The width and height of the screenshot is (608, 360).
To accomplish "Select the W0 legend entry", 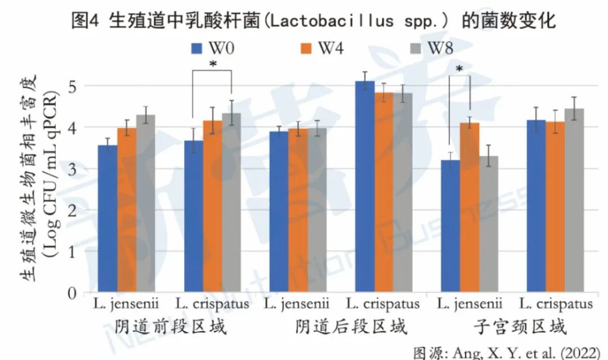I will [x=213, y=48].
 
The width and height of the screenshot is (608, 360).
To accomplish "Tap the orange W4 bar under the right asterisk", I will [x=470, y=208].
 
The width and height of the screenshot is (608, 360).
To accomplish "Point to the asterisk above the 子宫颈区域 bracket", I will [x=459, y=70].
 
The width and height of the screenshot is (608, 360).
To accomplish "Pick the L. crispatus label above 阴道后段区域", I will [x=383, y=305].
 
